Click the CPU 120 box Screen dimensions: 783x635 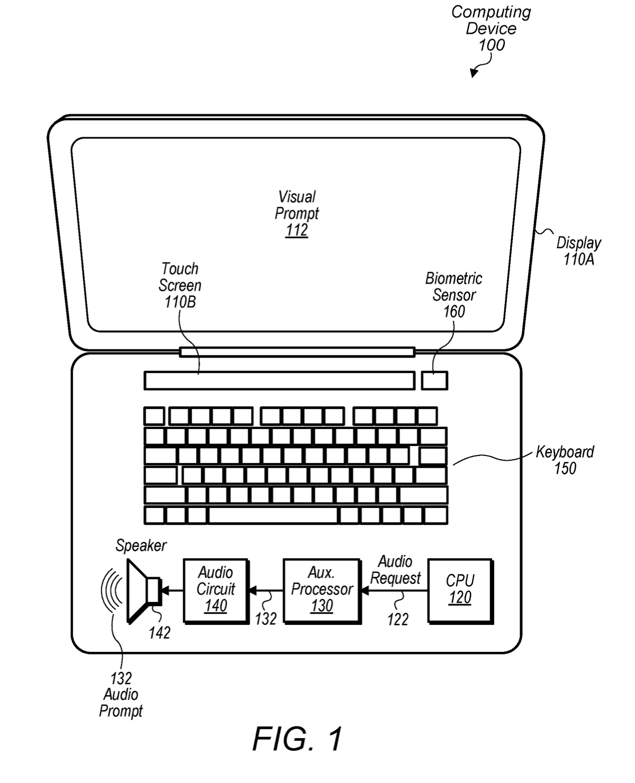point(459,590)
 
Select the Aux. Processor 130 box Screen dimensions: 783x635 point(321,590)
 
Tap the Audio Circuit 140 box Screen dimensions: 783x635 point(215,590)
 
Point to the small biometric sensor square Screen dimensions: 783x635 point(434,380)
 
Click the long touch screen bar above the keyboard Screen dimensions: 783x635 point(279,380)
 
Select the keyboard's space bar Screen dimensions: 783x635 point(273,515)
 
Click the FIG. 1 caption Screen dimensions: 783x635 point(297,739)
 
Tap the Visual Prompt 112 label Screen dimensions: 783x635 point(297,214)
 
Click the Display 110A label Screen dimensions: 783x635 point(578,251)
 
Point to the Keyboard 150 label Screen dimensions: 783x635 point(565,460)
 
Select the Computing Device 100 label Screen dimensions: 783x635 point(491,28)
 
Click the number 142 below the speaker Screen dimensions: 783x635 point(159,632)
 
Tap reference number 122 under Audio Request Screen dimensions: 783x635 point(397,619)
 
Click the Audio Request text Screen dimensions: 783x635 point(395,570)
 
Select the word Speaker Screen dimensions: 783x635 point(141,545)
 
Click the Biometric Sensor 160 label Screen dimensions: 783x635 point(453,295)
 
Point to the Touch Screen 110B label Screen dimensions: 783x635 point(180,285)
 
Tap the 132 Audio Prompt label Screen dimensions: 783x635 point(121,695)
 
